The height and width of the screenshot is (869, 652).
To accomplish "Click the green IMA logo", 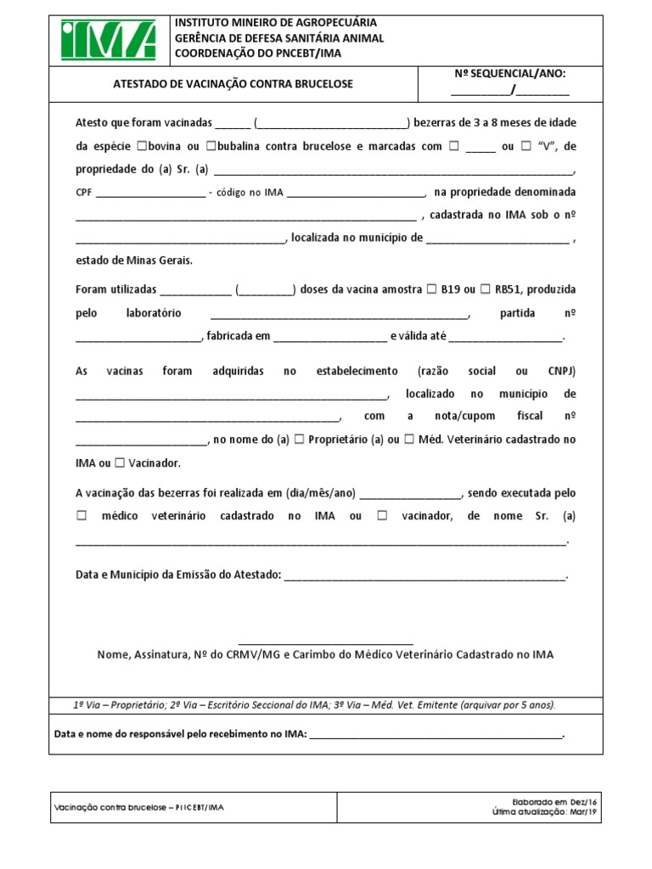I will [x=108, y=40].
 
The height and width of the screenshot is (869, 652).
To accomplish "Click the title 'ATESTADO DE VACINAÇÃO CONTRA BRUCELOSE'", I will [x=233, y=85].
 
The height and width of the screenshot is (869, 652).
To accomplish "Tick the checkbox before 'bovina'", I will [x=141, y=146].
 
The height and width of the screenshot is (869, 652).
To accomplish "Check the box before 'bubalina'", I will [x=211, y=146].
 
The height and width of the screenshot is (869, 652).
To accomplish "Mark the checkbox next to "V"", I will [x=526, y=146].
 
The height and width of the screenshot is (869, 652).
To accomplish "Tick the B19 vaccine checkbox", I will [x=431, y=289].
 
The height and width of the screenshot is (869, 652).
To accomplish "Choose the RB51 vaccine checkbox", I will [x=486, y=289].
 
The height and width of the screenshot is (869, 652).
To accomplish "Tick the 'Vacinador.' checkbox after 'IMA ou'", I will [x=120, y=463].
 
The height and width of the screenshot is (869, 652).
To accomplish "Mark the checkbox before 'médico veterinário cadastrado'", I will [x=82, y=516].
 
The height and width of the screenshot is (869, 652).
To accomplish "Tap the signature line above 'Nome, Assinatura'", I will [x=326, y=643].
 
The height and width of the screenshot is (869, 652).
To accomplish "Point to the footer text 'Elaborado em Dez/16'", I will [x=548, y=801].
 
